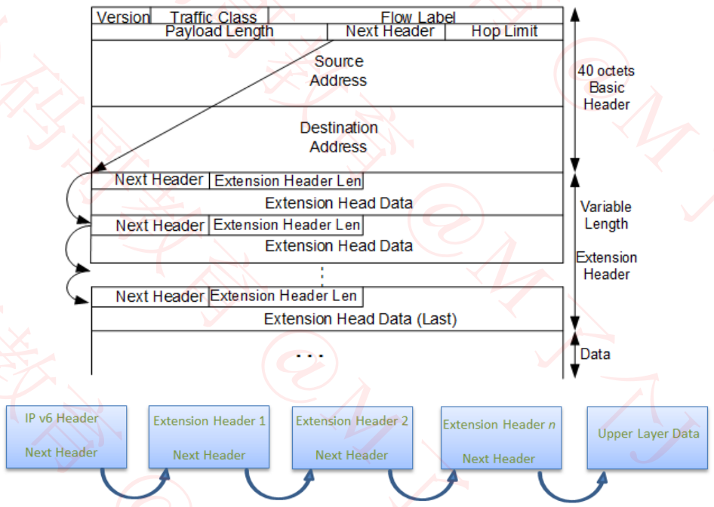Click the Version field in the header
click(123, 17)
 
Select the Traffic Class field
click(214, 17)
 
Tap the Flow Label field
click(417, 17)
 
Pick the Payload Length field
click(219, 31)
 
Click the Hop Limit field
click(504, 31)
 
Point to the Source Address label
click(339, 71)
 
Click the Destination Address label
click(339, 137)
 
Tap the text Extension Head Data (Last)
click(360, 319)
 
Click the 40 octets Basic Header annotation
click(606, 88)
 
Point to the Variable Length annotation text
click(606, 215)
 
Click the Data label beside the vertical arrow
click(596, 354)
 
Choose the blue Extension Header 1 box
click(209, 438)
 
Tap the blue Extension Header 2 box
click(352, 438)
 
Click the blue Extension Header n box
click(499, 441)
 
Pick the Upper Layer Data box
click(648, 435)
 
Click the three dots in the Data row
click(310, 355)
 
